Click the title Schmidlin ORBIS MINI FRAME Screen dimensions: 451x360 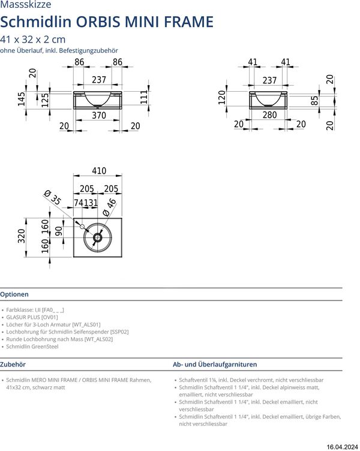point(107,22)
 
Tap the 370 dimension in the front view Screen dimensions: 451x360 point(98,115)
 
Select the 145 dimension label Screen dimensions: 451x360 point(22,99)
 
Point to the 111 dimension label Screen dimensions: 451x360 point(144,97)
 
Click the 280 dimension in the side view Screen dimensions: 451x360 point(270,115)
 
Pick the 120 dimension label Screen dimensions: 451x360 point(222,98)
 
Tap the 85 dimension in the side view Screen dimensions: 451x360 point(314,101)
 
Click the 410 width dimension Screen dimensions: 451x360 point(98,171)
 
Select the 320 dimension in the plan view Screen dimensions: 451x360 point(22,236)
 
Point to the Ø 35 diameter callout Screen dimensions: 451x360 point(53,199)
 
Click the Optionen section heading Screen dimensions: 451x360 point(14,294)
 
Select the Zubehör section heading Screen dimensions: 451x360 point(13,364)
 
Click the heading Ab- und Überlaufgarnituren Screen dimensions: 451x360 point(215,364)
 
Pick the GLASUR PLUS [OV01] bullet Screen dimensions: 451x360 point(32,317)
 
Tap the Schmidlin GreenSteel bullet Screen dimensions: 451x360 point(32,347)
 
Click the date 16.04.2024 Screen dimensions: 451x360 point(342,447)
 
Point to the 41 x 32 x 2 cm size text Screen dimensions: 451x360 point(33,39)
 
